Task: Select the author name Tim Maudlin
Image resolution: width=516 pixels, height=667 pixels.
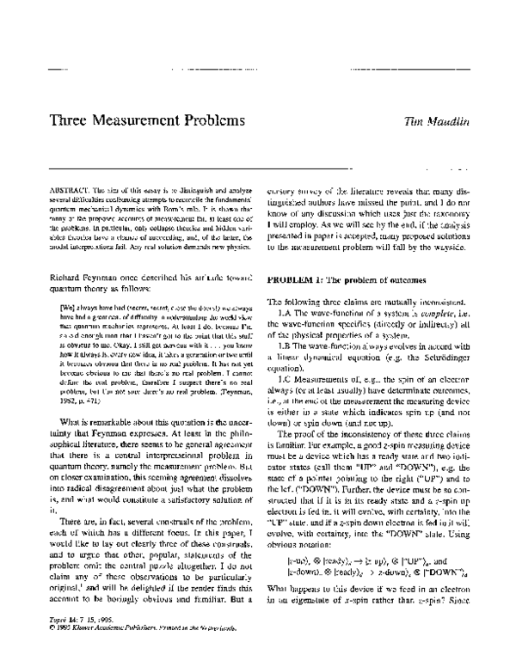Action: pos(441,121)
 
